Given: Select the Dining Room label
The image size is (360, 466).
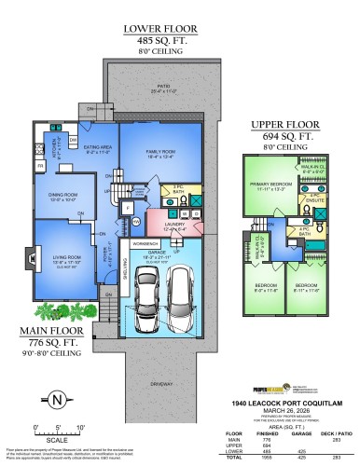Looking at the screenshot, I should click(x=62, y=196).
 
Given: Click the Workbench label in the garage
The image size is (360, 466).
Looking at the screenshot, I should click(x=145, y=243).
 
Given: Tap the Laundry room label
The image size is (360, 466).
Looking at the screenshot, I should click(x=173, y=224).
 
